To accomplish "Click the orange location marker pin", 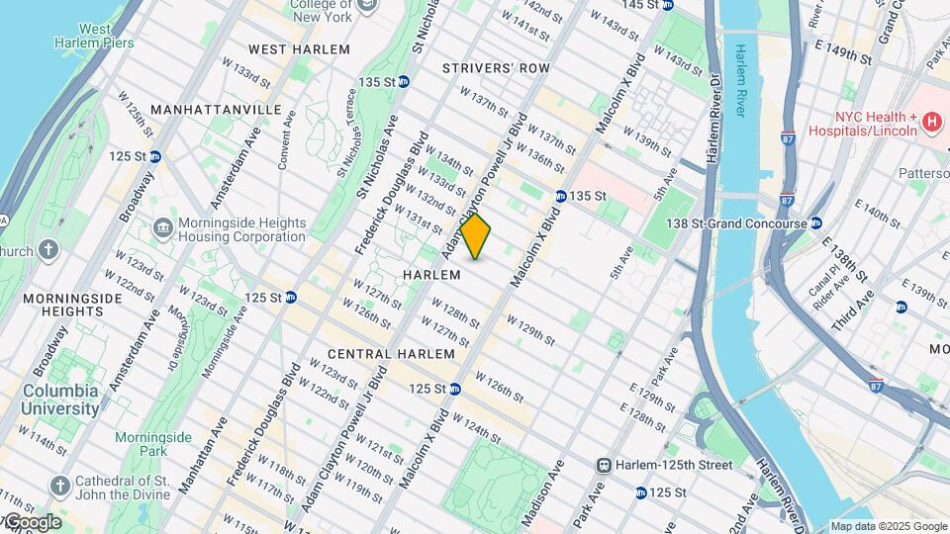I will [x=476, y=236].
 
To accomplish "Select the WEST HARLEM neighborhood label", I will [x=299, y=49].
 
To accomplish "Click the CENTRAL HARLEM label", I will [x=391, y=354].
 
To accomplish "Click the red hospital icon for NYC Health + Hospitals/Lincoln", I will [x=930, y=122].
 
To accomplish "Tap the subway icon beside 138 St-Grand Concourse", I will [x=816, y=223].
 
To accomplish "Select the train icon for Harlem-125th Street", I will [x=603, y=465].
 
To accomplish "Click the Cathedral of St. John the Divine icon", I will [x=60, y=485].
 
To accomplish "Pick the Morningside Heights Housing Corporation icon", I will [x=162, y=229].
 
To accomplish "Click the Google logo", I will [x=32, y=522].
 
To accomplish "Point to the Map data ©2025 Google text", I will [x=889, y=526].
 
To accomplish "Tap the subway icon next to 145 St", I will [x=668, y=5].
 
